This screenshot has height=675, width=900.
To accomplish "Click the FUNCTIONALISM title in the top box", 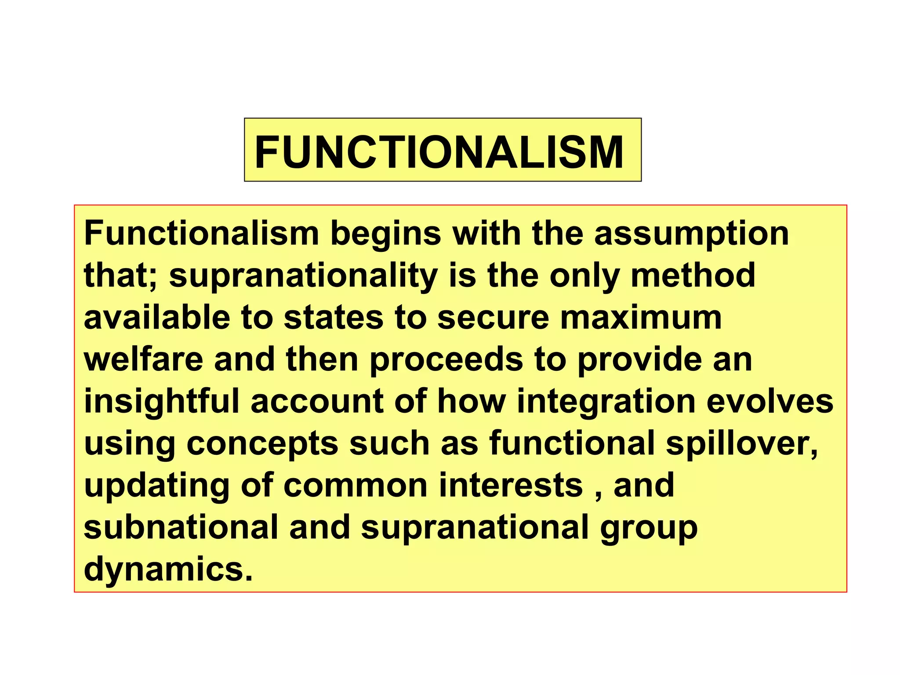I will [439, 152].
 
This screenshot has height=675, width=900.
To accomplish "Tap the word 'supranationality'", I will [303, 276].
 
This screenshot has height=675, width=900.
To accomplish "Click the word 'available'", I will [157, 317].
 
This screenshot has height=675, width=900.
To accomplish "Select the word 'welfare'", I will [143, 359].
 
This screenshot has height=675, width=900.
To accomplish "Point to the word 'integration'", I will [606, 401].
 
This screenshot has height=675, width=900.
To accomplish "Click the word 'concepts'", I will [262, 443].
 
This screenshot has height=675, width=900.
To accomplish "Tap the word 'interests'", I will [511, 485].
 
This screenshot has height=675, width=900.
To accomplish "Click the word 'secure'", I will [493, 317].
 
